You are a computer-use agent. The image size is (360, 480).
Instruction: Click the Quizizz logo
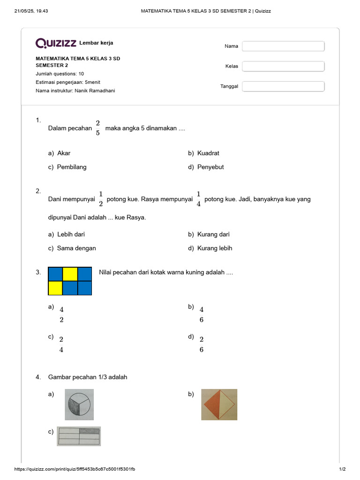(56, 43)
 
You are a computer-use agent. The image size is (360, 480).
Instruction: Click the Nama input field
(283, 46)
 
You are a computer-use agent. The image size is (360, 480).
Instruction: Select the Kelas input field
(283, 66)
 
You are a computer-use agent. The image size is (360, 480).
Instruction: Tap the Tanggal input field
(283, 86)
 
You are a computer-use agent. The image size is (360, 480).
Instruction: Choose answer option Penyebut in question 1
(210, 167)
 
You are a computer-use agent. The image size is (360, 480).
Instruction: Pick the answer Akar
(64, 153)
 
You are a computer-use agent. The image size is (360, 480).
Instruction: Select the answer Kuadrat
(208, 153)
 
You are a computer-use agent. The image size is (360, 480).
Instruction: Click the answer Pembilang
(72, 167)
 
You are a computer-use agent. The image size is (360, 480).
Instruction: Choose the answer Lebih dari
(71, 234)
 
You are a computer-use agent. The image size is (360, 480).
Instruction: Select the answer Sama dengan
(76, 248)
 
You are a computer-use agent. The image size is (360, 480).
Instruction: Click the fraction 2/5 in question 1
(98, 127)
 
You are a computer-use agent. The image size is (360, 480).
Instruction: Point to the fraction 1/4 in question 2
(199, 199)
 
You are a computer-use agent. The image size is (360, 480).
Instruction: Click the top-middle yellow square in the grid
(70, 274)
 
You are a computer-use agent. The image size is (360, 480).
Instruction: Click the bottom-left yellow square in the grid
(56, 288)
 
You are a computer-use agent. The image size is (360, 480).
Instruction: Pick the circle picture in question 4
(79, 405)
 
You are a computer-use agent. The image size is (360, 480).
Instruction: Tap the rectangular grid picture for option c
(79, 436)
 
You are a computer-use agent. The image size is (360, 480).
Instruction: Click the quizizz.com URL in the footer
(75, 469)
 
